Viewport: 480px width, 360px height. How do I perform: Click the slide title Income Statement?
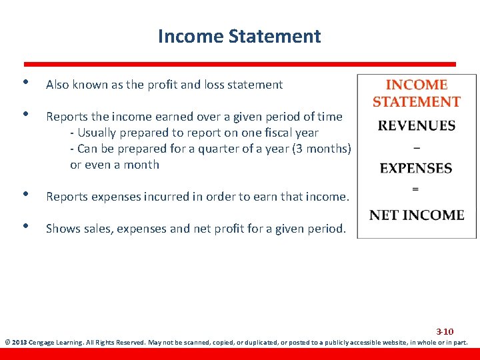point(239,36)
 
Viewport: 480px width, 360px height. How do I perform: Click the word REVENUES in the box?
point(417,126)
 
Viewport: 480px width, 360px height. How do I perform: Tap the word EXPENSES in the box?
point(416,169)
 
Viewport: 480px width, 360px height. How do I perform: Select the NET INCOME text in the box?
point(417,215)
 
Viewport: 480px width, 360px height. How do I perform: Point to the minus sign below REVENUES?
point(416,147)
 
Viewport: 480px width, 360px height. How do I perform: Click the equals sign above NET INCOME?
point(416,190)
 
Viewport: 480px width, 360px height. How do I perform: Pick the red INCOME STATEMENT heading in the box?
point(416,93)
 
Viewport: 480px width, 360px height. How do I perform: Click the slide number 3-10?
point(445,331)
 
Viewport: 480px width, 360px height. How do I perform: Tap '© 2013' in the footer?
point(16,343)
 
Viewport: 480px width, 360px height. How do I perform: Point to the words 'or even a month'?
point(115,164)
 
